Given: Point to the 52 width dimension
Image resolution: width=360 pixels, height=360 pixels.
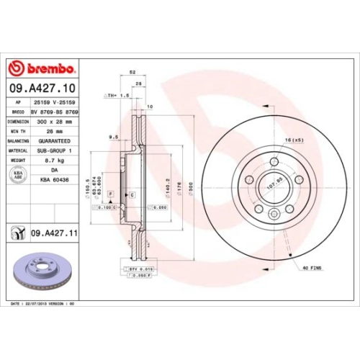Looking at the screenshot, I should click(x=132, y=73).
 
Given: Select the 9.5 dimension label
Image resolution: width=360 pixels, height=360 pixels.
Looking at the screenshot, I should click(x=113, y=135).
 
